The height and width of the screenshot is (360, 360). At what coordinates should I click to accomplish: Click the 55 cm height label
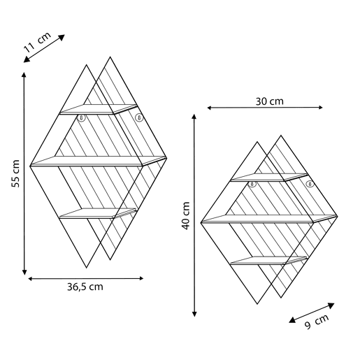[x=15, y=173]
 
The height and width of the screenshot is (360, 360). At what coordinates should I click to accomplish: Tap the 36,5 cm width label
[x=85, y=287]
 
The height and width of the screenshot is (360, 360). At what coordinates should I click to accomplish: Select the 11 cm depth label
[x=37, y=43]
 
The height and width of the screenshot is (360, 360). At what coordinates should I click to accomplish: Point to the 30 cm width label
[x=270, y=101]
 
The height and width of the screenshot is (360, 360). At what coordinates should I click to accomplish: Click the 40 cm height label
[x=186, y=215]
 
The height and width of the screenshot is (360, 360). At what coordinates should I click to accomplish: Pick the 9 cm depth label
[x=317, y=322]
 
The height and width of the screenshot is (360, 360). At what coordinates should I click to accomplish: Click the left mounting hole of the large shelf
[x=81, y=118]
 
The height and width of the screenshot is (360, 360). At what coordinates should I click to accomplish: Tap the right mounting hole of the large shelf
[x=139, y=117]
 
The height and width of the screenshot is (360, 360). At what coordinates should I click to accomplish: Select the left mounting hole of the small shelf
[x=252, y=184]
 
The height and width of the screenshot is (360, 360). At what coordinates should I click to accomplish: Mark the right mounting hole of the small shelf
[x=310, y=184]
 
